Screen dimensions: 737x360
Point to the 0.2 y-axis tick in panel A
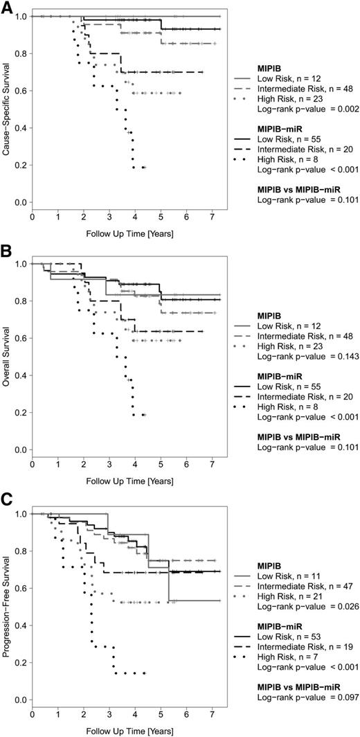click(21, 165)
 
